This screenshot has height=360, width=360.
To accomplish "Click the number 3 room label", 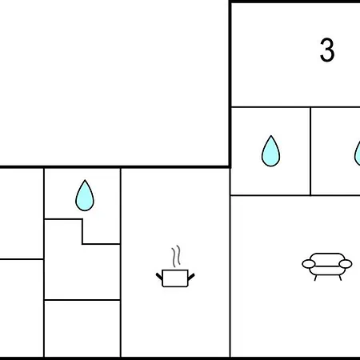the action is (x=327, y=50).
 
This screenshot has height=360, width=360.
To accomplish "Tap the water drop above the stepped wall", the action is (x=85, y=195).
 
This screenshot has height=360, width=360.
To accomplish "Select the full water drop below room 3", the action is (x=270, y=151).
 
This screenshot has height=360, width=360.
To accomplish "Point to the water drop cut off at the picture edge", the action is (x=358, y=154).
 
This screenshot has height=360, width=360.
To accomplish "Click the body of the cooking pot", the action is (x=175, y=278).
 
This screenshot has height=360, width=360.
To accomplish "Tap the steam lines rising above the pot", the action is (x=176, y=256).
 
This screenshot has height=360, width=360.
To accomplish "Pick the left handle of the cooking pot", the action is (x=159, y=276).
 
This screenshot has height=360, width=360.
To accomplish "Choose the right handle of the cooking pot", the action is (x=191, y=277).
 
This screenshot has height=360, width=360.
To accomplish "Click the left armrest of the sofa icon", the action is (x=309, y=264).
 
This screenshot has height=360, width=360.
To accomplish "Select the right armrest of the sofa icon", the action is (x=346, y=264).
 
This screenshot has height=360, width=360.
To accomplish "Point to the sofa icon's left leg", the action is (x=316, y=278).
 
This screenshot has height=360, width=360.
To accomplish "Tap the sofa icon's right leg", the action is (x=340, y=278).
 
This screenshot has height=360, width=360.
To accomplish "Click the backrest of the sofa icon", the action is (x=327, y=257).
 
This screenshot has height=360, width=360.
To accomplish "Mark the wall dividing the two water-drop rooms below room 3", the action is (x=310, y=151).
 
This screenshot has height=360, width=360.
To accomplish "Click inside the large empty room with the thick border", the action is (x=114, y=82).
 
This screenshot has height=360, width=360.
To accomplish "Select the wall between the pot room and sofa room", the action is (x=230, y=262).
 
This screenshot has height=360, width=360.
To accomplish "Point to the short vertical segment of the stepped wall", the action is (x=82, y=231).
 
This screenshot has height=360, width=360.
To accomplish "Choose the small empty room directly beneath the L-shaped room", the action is (x=82, y=328).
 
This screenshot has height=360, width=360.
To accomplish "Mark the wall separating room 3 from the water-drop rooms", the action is (x=295, y=107).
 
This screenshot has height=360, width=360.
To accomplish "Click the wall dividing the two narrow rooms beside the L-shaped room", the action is (x=22, y=259).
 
